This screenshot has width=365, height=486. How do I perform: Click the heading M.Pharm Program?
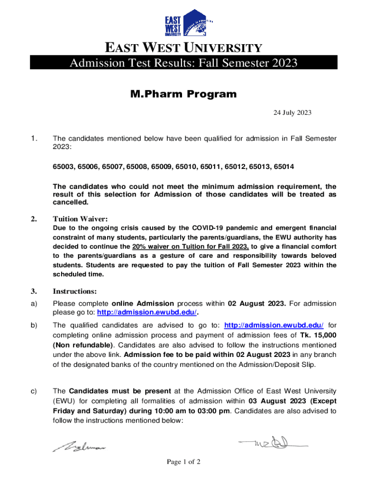click(x=183, y=94)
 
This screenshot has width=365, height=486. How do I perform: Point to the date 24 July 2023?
click(x=292, y=113)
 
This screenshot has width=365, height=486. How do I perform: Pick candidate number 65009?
click(x=161, y=167)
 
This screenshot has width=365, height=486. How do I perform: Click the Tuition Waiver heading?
click(x=80, y=219)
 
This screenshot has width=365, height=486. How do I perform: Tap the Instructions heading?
click(x=74, y=291)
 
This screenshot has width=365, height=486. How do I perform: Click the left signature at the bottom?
click(x=80, y=446)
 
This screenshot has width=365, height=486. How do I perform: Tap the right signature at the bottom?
click(x=273, y=444)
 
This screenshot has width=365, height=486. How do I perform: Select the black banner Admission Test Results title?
click(x=183, y=63)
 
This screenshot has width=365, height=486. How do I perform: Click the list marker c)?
click(x=34, y=391)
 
